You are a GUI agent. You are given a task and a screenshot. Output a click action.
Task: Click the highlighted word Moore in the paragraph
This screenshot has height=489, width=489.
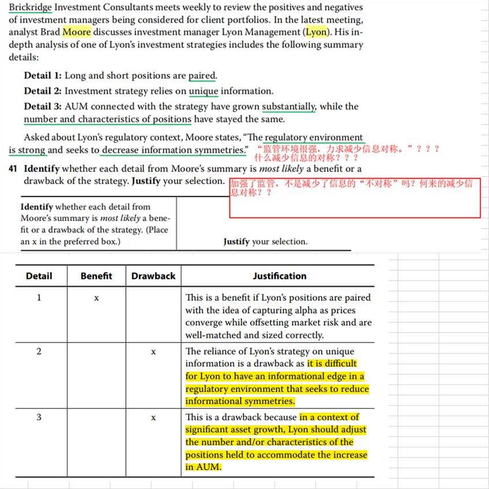click(76, 32)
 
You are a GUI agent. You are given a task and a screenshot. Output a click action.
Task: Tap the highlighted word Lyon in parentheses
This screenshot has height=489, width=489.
click(316, 32)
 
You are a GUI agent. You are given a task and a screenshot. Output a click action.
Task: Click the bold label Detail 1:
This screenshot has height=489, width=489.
click(43, 76)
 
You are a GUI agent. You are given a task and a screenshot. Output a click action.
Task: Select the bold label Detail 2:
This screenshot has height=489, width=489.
click(43, 91)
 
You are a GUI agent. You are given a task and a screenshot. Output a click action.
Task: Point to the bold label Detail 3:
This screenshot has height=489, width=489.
click(43, 106)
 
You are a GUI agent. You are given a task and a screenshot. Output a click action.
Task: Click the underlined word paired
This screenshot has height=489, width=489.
click(202, 76)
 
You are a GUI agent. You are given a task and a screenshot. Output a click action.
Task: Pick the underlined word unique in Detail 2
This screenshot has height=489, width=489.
click(203, 91)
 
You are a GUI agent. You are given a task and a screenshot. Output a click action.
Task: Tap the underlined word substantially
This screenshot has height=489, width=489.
click(288, 106)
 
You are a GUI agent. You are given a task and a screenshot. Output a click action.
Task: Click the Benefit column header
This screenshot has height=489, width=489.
click(97, 276)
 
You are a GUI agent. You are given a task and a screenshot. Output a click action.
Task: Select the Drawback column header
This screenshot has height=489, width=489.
click(153, 276)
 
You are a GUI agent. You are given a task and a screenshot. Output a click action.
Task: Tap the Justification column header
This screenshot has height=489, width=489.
click(279, 276)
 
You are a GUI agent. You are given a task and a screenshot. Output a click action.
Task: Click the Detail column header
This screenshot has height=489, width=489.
click(39, 276)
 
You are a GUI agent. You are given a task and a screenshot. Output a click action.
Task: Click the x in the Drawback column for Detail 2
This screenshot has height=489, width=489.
click(153, 352)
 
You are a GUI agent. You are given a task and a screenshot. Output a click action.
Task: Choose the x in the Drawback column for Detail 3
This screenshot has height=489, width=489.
click(153, 417)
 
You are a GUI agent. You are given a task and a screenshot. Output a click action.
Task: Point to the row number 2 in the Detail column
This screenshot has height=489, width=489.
click(39, 352)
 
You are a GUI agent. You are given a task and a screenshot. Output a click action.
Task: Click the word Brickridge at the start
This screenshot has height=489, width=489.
click(30, 8)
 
